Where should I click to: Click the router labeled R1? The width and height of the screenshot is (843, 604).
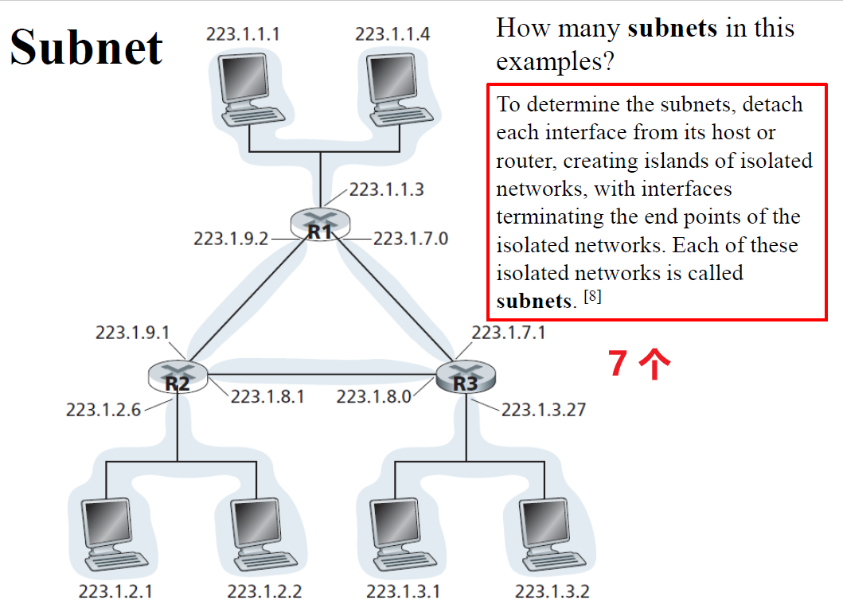[x=319, y=224]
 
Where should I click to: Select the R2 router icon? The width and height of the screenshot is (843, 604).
[x=178, y=376]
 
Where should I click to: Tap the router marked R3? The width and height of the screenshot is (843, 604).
[x=466, y=377]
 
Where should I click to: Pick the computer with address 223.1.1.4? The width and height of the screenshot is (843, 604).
[x=395, y=88]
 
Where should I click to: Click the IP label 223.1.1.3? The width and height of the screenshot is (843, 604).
[x=386, y=189]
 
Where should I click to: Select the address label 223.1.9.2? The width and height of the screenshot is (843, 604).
[x=231, y=238]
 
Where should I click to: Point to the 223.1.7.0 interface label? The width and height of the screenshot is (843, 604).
[x=411, y=238]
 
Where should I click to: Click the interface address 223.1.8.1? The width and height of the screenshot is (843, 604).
[x=267, y=396]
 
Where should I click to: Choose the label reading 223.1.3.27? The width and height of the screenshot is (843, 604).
[x=544, y=410]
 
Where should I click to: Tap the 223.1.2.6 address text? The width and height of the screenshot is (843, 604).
[x=103, y=410]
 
